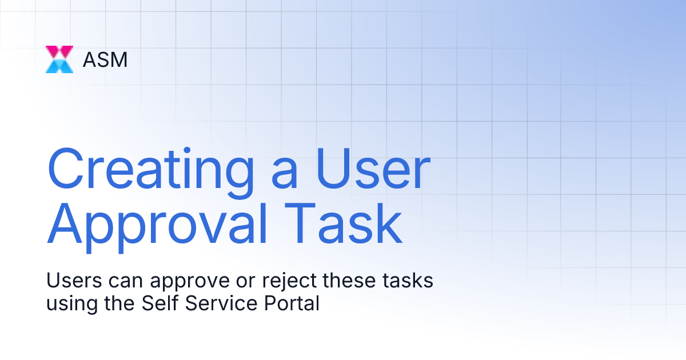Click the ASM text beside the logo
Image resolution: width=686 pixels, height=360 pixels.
pos(105,59)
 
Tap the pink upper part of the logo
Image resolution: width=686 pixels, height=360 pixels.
pos(59,51)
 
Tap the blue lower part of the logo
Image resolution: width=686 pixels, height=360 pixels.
pos(59,66)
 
